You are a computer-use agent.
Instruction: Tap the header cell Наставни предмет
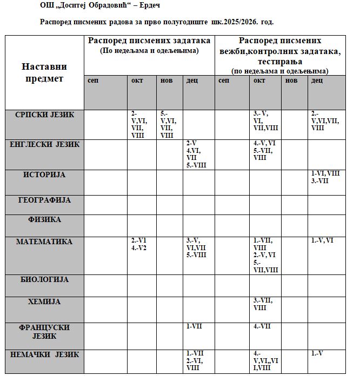pos(44,72)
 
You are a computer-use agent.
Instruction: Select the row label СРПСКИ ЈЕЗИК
pos(45,115)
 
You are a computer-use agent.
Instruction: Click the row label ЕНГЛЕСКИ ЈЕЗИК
pos(45,144)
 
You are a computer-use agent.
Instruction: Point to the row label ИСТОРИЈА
pos(45,175)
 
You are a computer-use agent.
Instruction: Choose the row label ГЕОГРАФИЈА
pos(45,200)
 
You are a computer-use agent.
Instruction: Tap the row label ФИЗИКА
pos(45,220)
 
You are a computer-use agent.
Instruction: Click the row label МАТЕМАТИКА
pos(45,242)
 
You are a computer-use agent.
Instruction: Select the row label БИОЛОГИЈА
pos(45,279)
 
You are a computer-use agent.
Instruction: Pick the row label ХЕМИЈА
pos(45,301)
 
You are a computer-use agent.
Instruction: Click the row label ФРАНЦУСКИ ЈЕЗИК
pos(45,331)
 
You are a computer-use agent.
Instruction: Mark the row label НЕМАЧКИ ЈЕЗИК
pos(45,354)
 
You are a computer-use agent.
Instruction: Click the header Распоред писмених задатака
pos(149,41)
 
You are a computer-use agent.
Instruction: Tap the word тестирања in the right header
pos(280,62)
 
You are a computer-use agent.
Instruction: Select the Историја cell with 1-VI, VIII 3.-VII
pos(325,177)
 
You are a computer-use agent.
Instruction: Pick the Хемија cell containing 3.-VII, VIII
pos(263,304)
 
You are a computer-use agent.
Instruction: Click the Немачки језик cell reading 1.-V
pos(319,353)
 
